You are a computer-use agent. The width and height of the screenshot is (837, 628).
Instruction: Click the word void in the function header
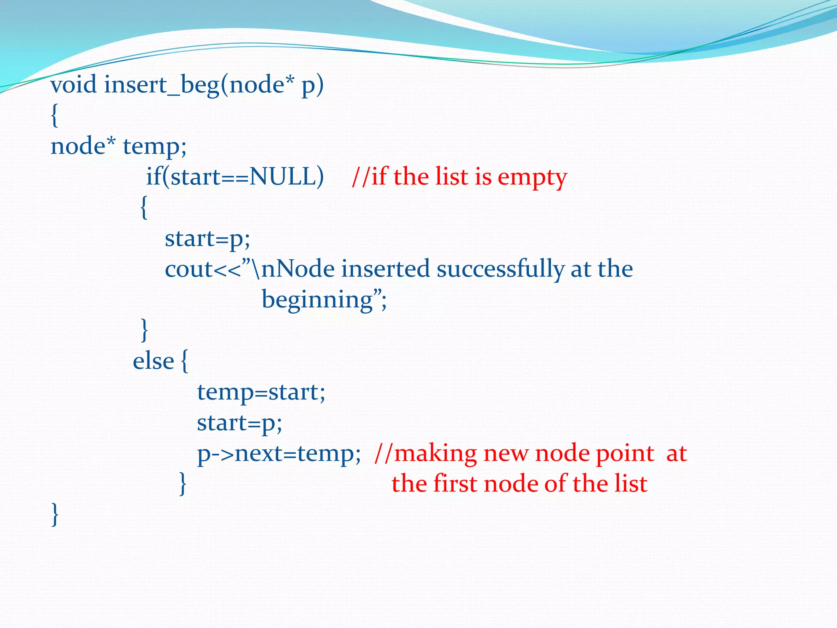pos(74,85)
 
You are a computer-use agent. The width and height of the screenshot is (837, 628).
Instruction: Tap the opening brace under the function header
pos(54,116)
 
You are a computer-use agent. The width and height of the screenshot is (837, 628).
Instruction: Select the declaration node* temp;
pos(119,146)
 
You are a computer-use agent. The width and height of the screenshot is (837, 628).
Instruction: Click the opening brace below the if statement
pos(143,208)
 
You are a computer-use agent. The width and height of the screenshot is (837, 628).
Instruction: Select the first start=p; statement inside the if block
pos(207,239)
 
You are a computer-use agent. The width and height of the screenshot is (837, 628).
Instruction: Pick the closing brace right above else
pos(144,330)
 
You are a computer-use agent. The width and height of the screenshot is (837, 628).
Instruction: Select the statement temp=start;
pos(261,392)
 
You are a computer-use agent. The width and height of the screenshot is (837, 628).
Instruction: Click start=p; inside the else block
pos(239,423)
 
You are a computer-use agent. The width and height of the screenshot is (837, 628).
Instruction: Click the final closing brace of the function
pos(55,514)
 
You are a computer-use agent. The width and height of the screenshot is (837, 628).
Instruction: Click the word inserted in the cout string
pos(386,269)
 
